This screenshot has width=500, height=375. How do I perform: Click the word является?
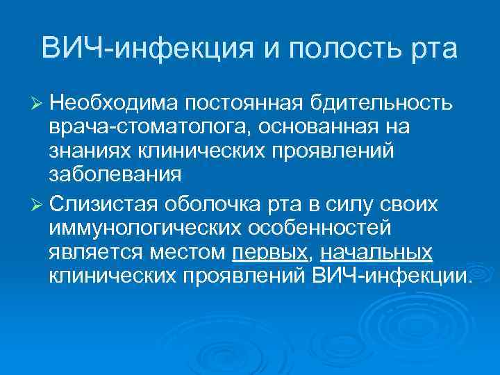93,253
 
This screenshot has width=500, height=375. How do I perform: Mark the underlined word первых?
269,253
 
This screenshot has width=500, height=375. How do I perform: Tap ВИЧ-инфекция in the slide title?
150,49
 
